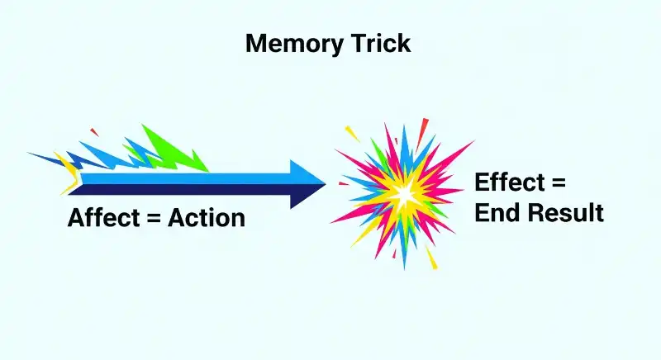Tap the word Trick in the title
click(x=383, y=44)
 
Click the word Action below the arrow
click(x=207, y=218)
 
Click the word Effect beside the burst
click(x=510, y=183)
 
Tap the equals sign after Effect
click(x=559, y=184)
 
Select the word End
click(x=497, y=213)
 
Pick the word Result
click(x=566, y=213)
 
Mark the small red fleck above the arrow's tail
click(x=94, y=130)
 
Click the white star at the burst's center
click(x=404, y=194)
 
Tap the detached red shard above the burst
click(x=425, y=126)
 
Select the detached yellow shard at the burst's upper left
click(x=351, y=133)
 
